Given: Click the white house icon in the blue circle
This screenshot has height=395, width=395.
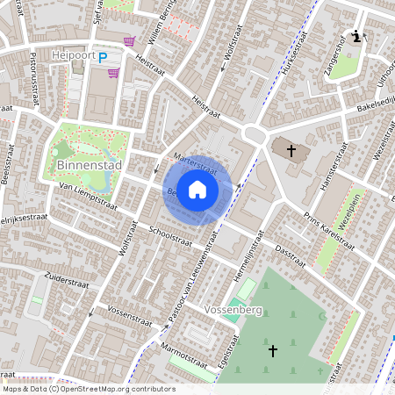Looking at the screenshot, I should coord(197,190).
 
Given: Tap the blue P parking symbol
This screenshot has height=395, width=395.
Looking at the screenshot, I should coord(103,58).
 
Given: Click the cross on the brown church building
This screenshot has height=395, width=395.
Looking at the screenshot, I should coord(291,151).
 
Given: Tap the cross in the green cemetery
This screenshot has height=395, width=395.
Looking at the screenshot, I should coord(273,350).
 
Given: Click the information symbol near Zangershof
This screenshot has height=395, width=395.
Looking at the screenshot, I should coord(355,37).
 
